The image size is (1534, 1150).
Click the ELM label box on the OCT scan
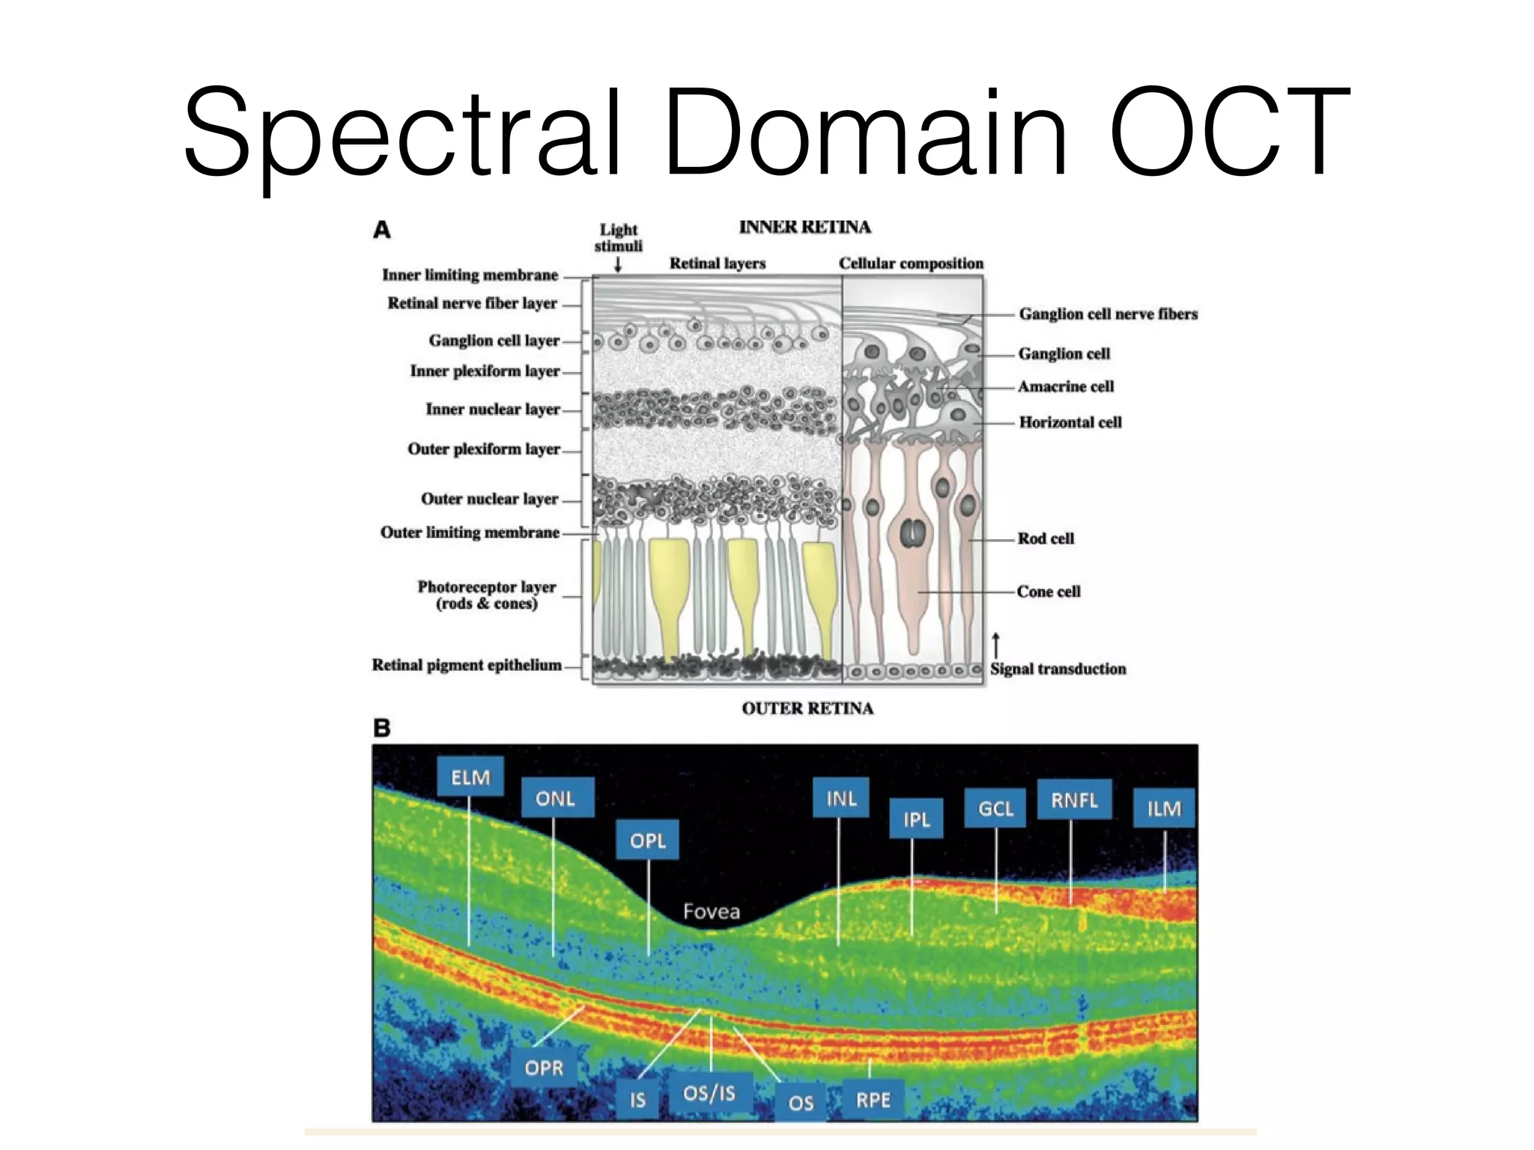point(470,777)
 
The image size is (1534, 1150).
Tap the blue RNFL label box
point(1073,800)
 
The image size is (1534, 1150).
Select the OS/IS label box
point(709,1093)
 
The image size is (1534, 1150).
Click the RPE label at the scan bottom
point(873,1100)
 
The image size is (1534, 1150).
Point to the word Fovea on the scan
point(711,911)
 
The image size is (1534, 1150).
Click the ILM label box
point(1163,808)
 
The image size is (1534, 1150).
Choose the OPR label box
point(543,1067)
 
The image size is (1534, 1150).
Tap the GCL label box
point(995,808)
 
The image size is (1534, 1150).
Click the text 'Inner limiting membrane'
point(470,275)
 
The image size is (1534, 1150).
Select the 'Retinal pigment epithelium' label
point(467,665)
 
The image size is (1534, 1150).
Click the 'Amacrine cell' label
point(1065,386)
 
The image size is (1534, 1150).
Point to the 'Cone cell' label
point(1048,591)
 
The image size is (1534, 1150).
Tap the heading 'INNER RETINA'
point(804,227)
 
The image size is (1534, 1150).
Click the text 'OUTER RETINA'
point(807,708)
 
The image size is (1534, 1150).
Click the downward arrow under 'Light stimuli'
point(618,264)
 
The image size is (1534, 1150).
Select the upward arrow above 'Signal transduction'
point(995,645)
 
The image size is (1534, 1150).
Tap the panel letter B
point(381,728)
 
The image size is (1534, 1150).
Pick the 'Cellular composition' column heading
point(911,264)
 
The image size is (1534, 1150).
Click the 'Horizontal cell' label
point(1070,422)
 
